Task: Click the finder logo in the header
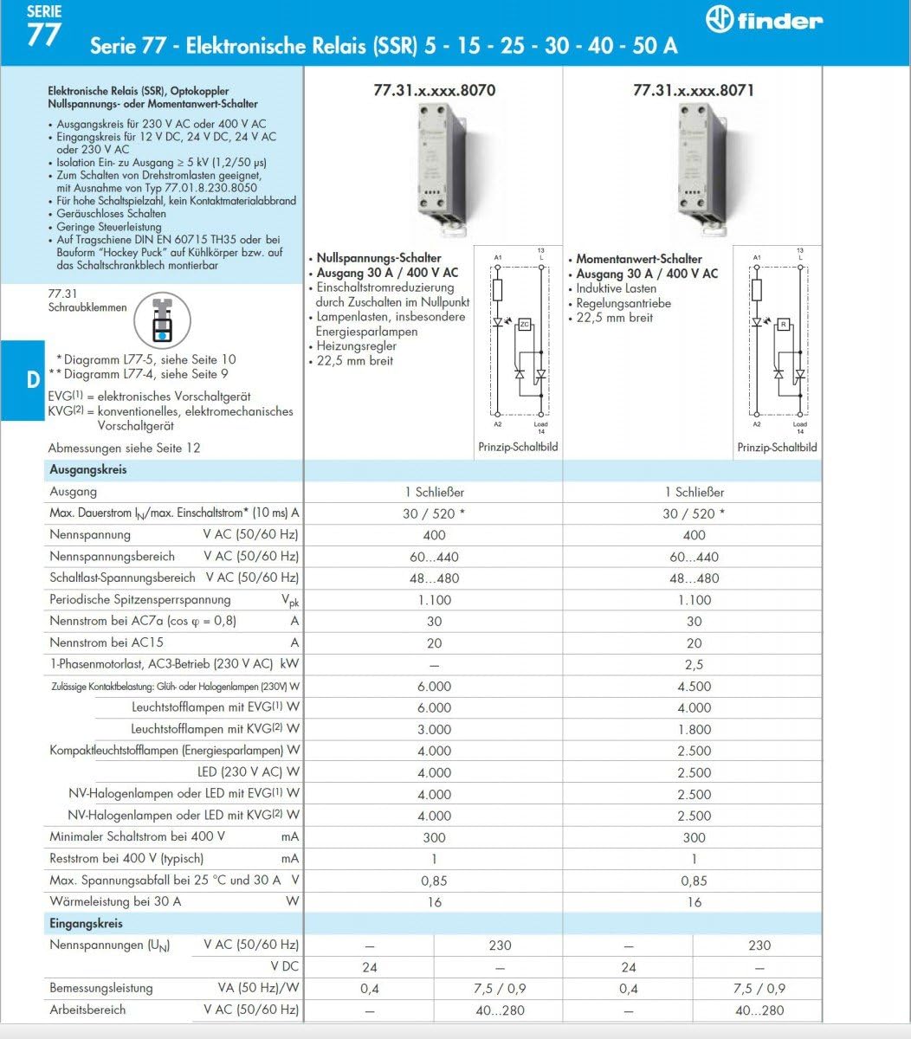point(764,21)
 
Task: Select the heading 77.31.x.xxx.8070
point(434,90)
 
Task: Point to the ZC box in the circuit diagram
point(524,324)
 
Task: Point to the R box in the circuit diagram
point(783,325)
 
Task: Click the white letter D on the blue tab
point(32,380)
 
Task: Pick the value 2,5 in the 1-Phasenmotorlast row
point(694,665)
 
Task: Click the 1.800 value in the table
point(694,730)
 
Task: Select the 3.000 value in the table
point(434,730)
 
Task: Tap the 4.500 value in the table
point(694,687)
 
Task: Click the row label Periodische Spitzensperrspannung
point(140,599)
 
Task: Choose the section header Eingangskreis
point(87,923)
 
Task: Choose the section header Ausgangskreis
point(88,469)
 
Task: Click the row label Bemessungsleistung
point(101,988)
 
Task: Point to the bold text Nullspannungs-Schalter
point(379,258)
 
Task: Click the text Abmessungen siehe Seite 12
point(125,448)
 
